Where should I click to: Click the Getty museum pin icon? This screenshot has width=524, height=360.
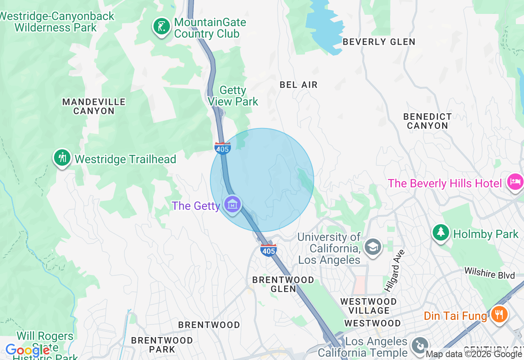pyautogui.click(x=233, y=204)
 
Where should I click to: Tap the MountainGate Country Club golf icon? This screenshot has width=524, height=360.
pyautogui.click(x=162, y=27)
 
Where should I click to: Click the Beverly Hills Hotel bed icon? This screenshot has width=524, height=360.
pyautogui.click(x=515, y=181)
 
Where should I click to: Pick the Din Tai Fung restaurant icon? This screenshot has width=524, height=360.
pyautogui.click(x=499, y=315)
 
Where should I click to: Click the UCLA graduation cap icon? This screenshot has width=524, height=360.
pyautogui.click(x=373, y=247)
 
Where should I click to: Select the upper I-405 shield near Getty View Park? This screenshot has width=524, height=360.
pyautogui.click(x=222, y=148)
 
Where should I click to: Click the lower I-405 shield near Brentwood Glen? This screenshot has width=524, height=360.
pyautogui.click(x=269, y=250)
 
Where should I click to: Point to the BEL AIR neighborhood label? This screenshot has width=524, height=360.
pyautogui.click(x=298, y=85)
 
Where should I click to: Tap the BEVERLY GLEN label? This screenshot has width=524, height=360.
pyautogui.click(x=379, y=42)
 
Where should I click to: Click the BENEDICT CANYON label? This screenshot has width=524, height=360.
pyautogui.click(x=427, y=121)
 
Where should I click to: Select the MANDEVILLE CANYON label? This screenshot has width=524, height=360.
pyautogui.click(x=94, y=106)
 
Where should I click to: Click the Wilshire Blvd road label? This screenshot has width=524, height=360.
pyautogui.click(x=489, y=273)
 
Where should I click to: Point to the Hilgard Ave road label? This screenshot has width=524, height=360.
pyautogui.click(x=391, y=270)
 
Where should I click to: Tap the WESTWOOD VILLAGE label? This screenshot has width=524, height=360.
pyautogui.click(x=368, y=306)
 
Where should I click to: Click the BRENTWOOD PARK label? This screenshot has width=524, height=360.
pyautogui.click(x=162, y=344)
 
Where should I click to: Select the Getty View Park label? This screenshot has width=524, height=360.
pyautogui.click(x=233, y=96)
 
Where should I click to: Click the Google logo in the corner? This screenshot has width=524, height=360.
pyautogui.click(x=27, y=350)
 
